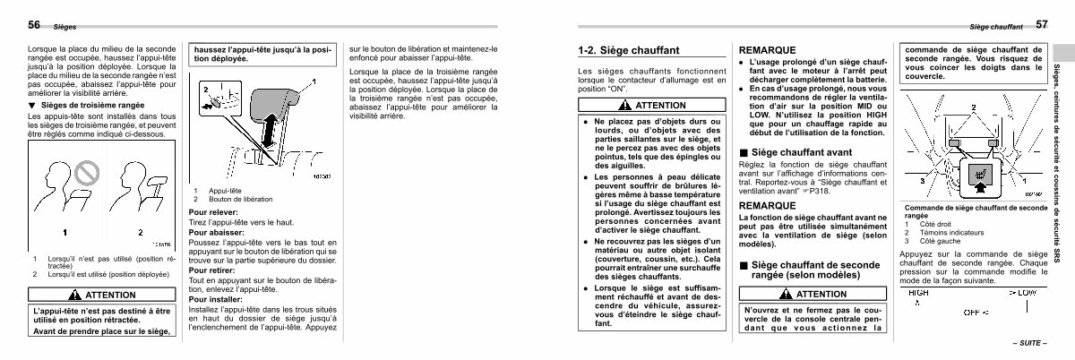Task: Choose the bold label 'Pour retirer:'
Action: tap(211, 269)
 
